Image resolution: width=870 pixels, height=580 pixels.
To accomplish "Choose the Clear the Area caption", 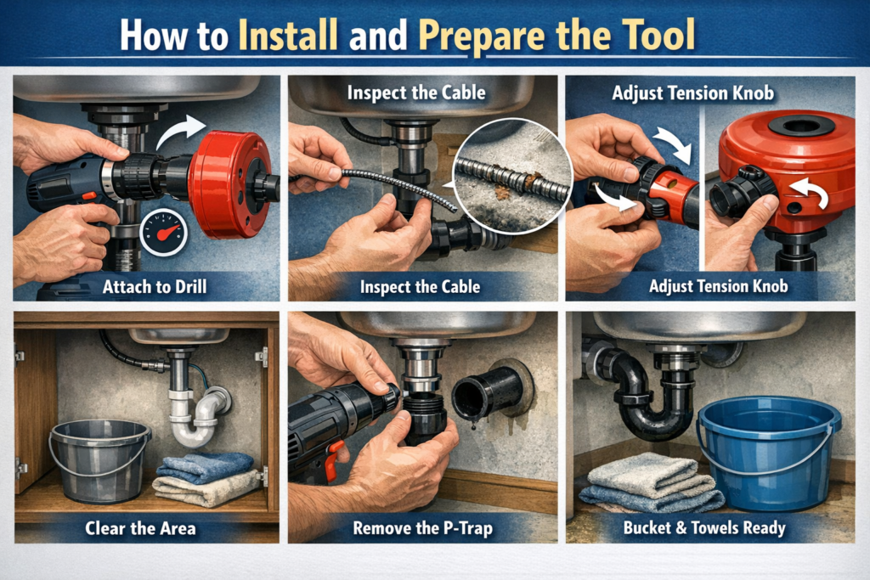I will pos(140,528).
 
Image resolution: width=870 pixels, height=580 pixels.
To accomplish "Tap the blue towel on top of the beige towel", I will pos(204,465).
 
